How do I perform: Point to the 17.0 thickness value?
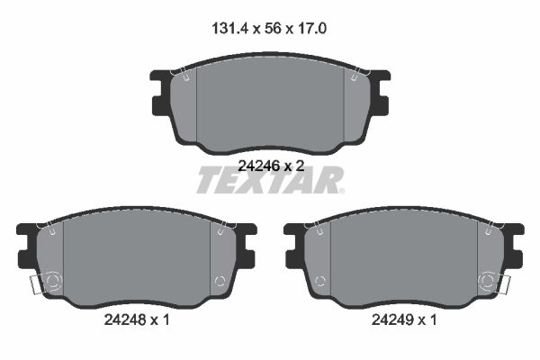click(x=309, y=28)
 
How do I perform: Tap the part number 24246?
click(x=258, y=165)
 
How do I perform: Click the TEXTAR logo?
click(x=270, y=180)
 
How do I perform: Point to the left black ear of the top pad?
click(x=157, y=92)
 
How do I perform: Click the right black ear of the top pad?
click(x=382, y=92)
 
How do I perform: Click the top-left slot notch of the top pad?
click(x=183, y=77)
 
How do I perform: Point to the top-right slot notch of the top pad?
click(x=357, y=77)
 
